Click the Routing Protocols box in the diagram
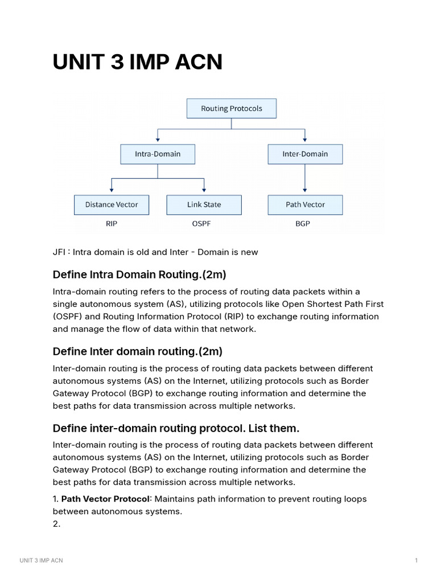pyautogui.click(x=231, y=108)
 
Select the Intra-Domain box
pyautogui.click(x=158, y=154)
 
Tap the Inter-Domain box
pyautogui.click(x=305, y=154)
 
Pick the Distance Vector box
pyautogui.click(x=112, y=204)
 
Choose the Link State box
pyautogui.click(x=204, y=204)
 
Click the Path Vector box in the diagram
pyautogui.click(x=305, y=204)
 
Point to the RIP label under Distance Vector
pyautogui.click(x=112, y=224)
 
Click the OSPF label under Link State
pyautogui.click(x=201, y=224)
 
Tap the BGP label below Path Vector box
pyautogui.click(x=303, y=224)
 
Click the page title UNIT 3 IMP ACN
pyautogui.click(x=137, y=62)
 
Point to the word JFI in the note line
pyautogui.click(x=59, y=252)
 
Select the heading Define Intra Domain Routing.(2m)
pyautogui.click(x=139, y=275)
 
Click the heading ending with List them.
pyautogui.click(x=176, y=428)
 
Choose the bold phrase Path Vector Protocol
pyautogui.click(x=105, y=499)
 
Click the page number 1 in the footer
pyautogui.click(x=417, y=561)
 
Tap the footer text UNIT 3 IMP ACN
pyautogui.click(x=41, y=561)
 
